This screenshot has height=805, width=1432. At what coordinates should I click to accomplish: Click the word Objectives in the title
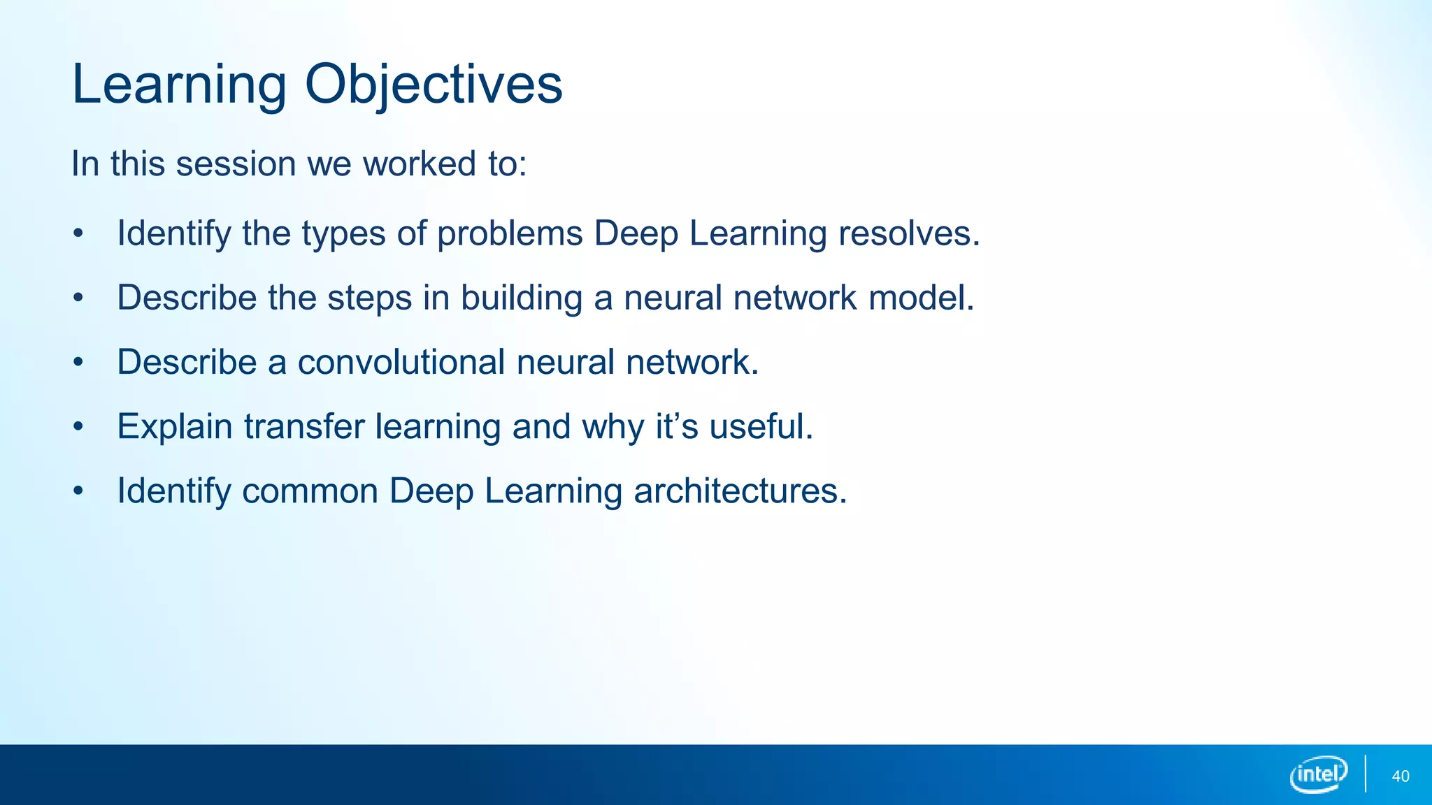tap(434, 85)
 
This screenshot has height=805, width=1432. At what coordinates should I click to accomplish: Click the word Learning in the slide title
tap(179, 85)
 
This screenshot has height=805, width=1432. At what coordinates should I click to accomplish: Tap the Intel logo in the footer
tap(1319, 774)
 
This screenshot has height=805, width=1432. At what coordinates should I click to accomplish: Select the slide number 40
tap(1401, 776)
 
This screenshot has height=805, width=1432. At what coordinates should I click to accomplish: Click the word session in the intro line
tap(236, 165)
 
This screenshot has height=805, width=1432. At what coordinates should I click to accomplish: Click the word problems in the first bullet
tap(510, 234)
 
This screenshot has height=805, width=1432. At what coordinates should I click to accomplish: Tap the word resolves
tap(909, 234)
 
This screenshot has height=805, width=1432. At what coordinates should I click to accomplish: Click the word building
tap(522, 298)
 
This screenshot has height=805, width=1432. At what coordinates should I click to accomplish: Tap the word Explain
tap(175, 427)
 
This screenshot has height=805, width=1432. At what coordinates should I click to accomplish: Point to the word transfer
tap(304, 427)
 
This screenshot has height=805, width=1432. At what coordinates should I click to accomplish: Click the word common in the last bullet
tap(310, 491)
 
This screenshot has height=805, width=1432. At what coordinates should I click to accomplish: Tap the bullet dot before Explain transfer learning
tap(78, 427)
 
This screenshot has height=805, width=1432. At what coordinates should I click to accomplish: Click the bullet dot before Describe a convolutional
tap(78, 363)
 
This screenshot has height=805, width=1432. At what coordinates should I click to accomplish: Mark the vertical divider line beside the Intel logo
tap(1366, 774)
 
